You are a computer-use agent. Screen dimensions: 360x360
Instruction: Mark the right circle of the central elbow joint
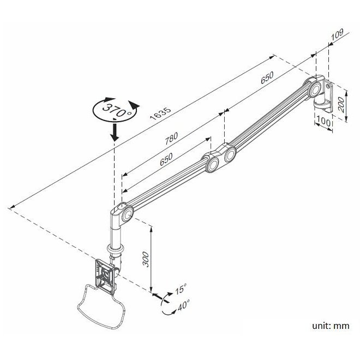click(x=229, y=155)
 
